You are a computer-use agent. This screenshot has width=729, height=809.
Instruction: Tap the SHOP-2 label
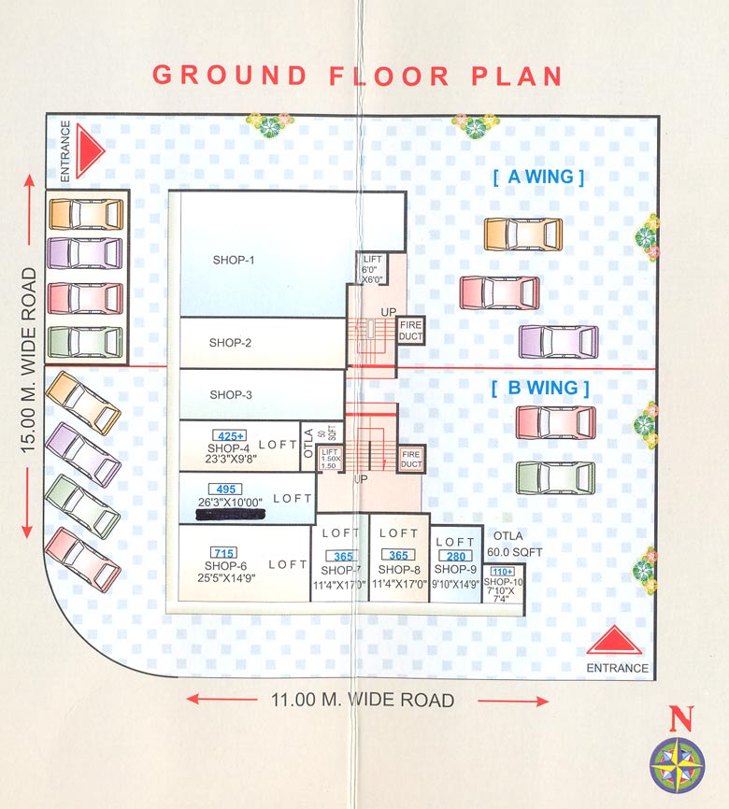point(230,343)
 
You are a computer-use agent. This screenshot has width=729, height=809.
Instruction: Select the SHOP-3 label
point(231,394)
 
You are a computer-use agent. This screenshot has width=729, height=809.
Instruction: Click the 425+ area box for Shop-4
point(229,435)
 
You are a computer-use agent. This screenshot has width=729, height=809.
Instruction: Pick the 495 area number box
point(227,489)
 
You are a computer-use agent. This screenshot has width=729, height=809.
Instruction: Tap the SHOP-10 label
point(503,582)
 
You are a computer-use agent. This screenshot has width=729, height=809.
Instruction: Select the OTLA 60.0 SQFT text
point(514,545)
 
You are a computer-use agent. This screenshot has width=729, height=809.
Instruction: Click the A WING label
point(538,177)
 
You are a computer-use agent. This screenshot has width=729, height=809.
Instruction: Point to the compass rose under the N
point(678,765)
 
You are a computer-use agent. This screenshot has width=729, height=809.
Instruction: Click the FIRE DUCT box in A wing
point(411,330)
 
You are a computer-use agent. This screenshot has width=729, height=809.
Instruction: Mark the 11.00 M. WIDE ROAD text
point(363,700)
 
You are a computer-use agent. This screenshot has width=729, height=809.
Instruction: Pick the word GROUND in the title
point(229,76)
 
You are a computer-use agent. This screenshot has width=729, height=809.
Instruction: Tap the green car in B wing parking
point(555,477)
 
